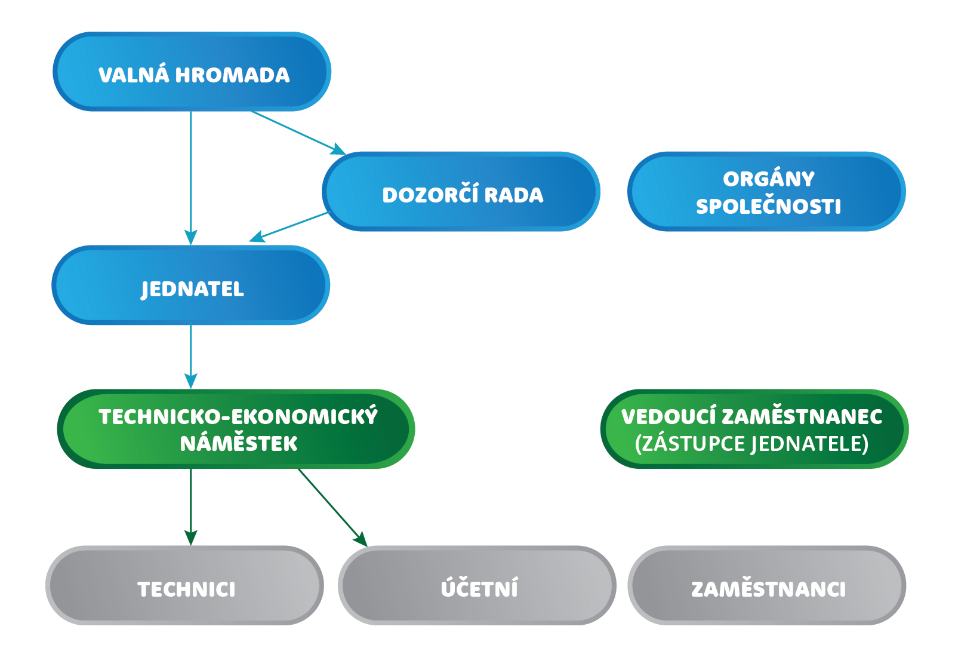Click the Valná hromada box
[x=192, y=72]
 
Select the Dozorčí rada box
[x=461, y=192]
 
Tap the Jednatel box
[x=190, y=285]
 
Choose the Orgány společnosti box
[x=766, y=192]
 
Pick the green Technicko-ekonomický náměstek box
[x=236, y=429]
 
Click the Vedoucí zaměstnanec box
[x=754, y=429]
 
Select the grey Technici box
[x=184, y=585]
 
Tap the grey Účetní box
[x=477, y=585]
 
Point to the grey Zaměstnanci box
[x=766, y=585]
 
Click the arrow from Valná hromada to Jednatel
[x=190, y=179]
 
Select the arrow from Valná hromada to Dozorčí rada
[x=298, y=133]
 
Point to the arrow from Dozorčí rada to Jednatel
[x=289, y=227]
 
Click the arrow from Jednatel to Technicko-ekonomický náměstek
[x=190, y=357]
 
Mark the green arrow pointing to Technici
[x=190, y=507]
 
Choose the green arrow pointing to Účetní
[x=332, y=507]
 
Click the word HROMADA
[x=232, y=75]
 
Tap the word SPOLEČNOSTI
[x=768, y=207]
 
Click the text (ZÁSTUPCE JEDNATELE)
[x=751, y=444]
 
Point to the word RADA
[x=513, y=195]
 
